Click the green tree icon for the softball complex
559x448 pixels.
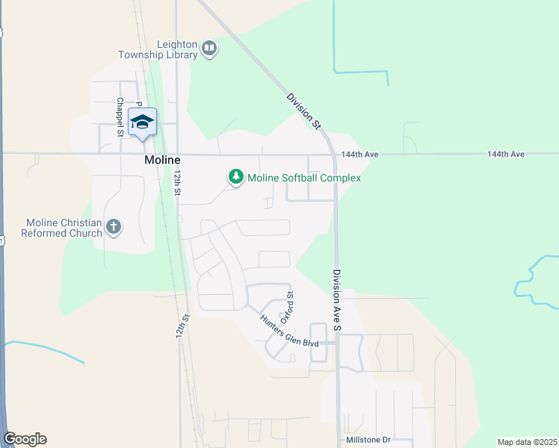pos(236,177)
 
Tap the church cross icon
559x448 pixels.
pos(114,226)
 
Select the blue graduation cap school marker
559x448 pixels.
pos(142,122)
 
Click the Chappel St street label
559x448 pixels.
pos(120,117)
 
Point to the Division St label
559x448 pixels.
pos(303,110)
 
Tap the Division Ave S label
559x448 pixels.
pos(337,299)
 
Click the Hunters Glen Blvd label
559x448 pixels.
pos(289,331)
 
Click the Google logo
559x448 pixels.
pos(25,439)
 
